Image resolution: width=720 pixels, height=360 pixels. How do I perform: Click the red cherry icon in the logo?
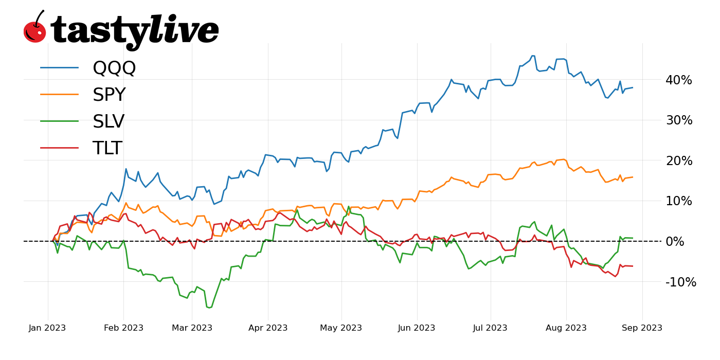pos(34,31)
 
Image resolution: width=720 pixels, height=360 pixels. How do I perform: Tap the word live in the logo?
pos(184,30)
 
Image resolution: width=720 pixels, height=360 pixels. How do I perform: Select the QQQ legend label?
pos(114,68)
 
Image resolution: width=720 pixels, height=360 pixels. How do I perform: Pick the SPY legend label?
pos(109,95)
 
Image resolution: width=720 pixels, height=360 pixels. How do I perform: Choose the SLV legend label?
pos(109,122)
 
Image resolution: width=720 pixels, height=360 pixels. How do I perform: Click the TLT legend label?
pos(107,149)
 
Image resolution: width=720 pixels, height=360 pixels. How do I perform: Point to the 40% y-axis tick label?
pos(679,80)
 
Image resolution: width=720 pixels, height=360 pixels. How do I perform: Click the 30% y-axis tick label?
pos(679,120)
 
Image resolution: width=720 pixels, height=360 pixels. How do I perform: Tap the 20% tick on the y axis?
pos(679,161)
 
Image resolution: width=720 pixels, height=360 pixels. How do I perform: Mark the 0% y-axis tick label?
pos(682,242)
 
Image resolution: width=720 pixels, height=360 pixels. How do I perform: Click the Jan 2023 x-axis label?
pos(48,328)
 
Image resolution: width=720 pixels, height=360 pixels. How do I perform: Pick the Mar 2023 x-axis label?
pos(192,328)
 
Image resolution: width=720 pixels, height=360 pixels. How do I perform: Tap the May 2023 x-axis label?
pos(341,328)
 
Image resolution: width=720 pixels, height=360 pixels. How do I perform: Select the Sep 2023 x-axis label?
pos(642,328)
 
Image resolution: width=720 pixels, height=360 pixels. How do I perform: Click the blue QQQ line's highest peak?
pos(533,56)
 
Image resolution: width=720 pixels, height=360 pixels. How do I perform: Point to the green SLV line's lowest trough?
pos(208,308)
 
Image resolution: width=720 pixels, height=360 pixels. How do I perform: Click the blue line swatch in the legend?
pos(60,67)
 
